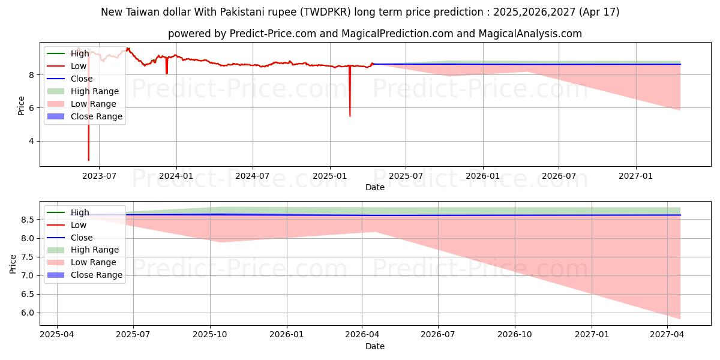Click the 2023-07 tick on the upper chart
99,175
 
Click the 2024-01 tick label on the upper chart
176,175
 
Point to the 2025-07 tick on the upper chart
406,175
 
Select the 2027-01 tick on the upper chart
636,175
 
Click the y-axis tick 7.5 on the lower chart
28,257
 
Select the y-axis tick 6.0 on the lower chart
28,313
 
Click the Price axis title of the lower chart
13,263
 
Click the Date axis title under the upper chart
375,187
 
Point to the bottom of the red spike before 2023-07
89,160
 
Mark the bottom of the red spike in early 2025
350,116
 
